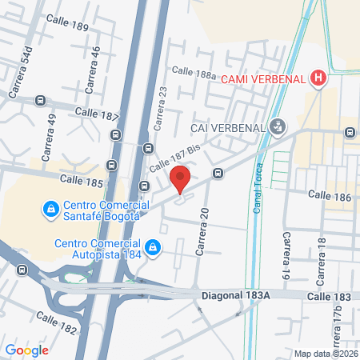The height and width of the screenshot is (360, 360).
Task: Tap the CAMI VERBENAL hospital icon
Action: [319, 78]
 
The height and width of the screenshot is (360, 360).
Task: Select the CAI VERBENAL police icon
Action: [278, 126]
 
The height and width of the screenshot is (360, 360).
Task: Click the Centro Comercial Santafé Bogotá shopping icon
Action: [50, 209]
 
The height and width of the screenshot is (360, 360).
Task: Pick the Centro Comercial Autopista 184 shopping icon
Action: [151, 244]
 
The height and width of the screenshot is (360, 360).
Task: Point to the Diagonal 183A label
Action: [242, 294]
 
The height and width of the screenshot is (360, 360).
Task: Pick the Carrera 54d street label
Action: [19, 71]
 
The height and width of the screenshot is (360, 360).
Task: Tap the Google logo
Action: [26, 350]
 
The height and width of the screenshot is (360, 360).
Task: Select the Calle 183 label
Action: [330, 296]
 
